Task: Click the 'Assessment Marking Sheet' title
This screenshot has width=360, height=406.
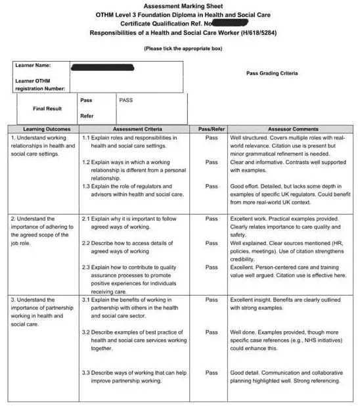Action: coord(179,5)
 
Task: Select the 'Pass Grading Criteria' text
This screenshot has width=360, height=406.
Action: coord(271,74)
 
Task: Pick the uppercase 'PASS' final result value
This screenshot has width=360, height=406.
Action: coord(126,101)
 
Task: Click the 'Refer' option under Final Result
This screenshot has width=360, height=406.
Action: coord(86,116)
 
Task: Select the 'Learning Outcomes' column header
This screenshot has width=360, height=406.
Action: coord(43,129)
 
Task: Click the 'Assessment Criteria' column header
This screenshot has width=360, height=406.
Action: coord(137,129)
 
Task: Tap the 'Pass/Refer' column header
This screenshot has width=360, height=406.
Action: coord(212,129)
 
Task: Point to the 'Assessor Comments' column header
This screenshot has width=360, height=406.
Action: coord(293,129)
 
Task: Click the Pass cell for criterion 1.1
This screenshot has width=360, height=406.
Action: coord(212,138)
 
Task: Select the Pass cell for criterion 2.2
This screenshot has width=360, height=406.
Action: coord(212,243)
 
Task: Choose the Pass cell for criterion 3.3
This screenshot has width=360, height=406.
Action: coord(212,372)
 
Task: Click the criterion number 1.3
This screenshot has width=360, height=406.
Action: coord(86,187)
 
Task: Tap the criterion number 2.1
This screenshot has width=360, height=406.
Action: coord(86,219)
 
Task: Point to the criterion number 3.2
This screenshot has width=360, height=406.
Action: coord(86,332)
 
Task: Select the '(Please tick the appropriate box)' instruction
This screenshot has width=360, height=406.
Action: coord(183,48)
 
